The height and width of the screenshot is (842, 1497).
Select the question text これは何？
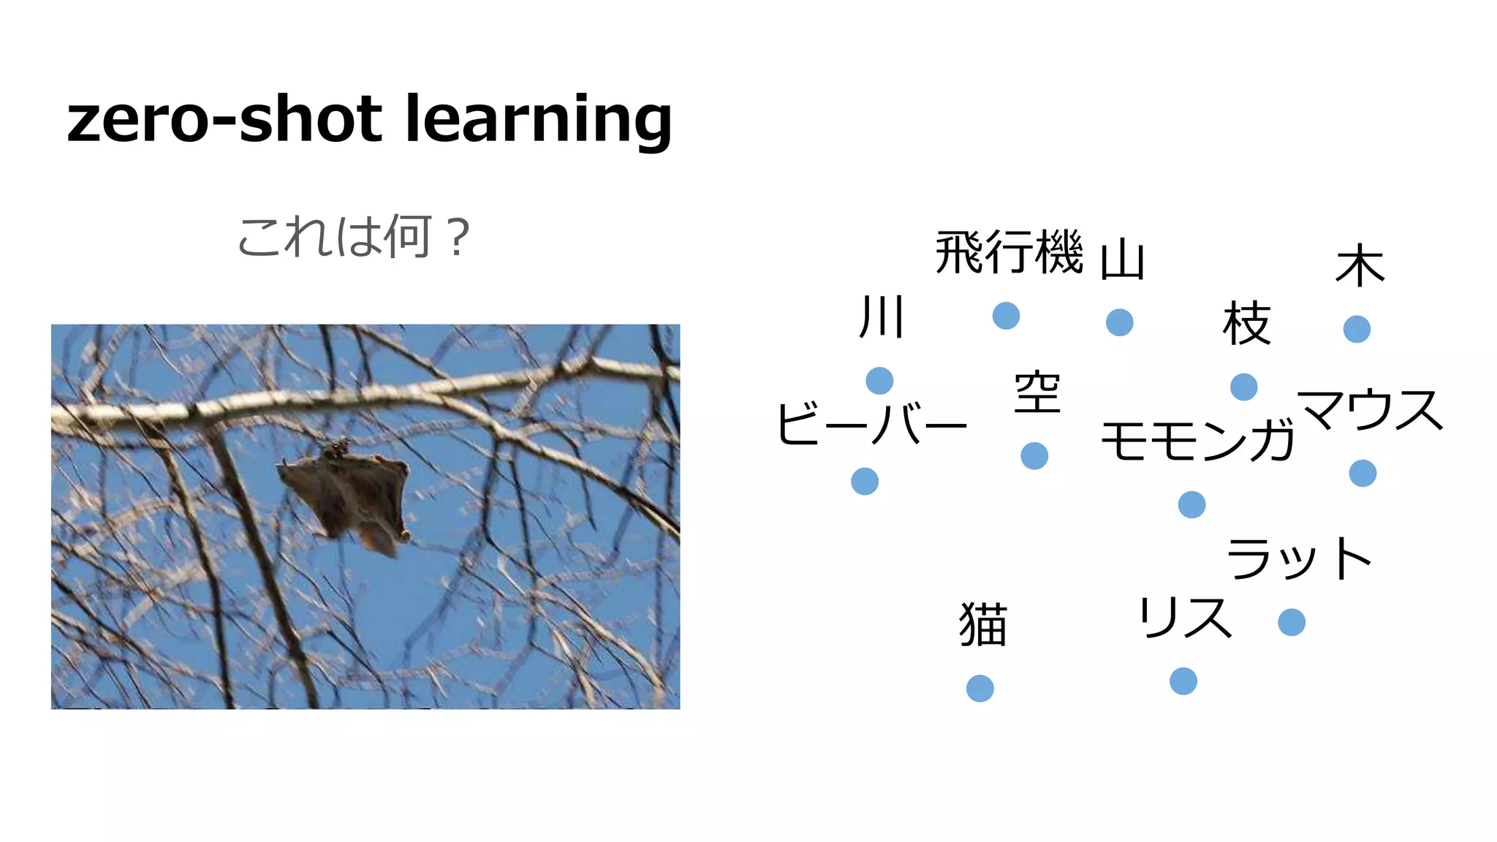(354, 237)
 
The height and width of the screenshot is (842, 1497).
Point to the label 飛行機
(1009, 253)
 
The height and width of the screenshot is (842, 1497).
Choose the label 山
(1122, 259)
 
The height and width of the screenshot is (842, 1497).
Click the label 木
(1360, 266)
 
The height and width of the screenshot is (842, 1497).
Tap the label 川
(882, 317)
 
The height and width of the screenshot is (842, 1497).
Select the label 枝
(1247, 323)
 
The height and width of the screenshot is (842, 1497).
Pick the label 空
(1037, 392)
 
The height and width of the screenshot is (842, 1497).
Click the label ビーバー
(871, 424)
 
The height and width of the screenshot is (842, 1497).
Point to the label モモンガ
(1197, 441)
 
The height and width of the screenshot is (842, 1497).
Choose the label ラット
(1299, 559)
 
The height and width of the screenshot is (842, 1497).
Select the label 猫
(983, 624)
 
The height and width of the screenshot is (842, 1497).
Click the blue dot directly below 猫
(979, 689)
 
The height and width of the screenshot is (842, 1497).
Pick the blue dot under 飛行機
(1006, 316)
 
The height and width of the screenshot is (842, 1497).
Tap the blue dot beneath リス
(1183, 681)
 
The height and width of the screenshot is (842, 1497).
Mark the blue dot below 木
(1357, 329)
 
